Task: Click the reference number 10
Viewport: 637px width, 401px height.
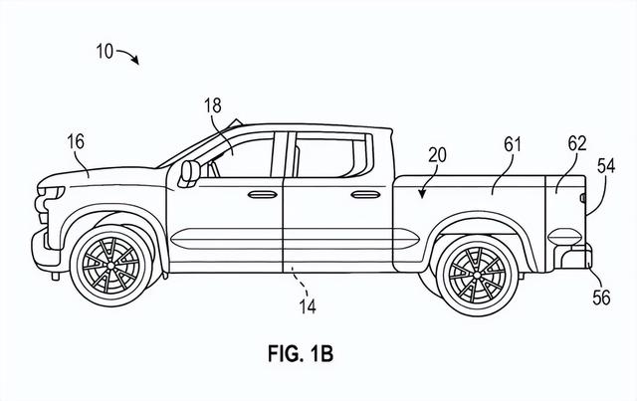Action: click(105, 51)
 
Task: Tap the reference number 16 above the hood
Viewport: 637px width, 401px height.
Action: click(76, 141)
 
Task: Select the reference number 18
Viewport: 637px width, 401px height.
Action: click(213, 105)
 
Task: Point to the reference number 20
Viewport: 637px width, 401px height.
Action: click(437, 155)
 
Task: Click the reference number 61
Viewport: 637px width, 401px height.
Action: click(513, 144)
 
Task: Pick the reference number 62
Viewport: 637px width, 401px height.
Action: click(577, 144)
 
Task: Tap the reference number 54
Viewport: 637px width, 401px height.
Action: click(606, 166)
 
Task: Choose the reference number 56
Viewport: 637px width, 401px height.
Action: click(601, 298)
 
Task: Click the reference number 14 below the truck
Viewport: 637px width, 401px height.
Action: click(308, 306)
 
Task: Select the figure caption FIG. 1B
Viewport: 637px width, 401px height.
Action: click(301, 353)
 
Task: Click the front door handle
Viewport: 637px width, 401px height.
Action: click(263, 195)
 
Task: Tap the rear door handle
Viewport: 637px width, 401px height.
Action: click(365, 195)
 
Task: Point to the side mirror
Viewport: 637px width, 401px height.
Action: click(189, 173)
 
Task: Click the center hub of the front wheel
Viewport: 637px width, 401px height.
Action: click(110, 266)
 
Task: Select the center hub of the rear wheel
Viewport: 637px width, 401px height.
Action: click(478, 275)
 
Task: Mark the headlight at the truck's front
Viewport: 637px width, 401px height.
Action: click(52, 191)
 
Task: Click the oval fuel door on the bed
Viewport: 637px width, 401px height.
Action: click(565, 237)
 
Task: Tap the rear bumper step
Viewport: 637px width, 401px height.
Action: click(573, 256)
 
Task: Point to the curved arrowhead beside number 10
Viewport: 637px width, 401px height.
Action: click(135, 60)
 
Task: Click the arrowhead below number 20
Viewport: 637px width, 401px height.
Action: click(423, 194)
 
